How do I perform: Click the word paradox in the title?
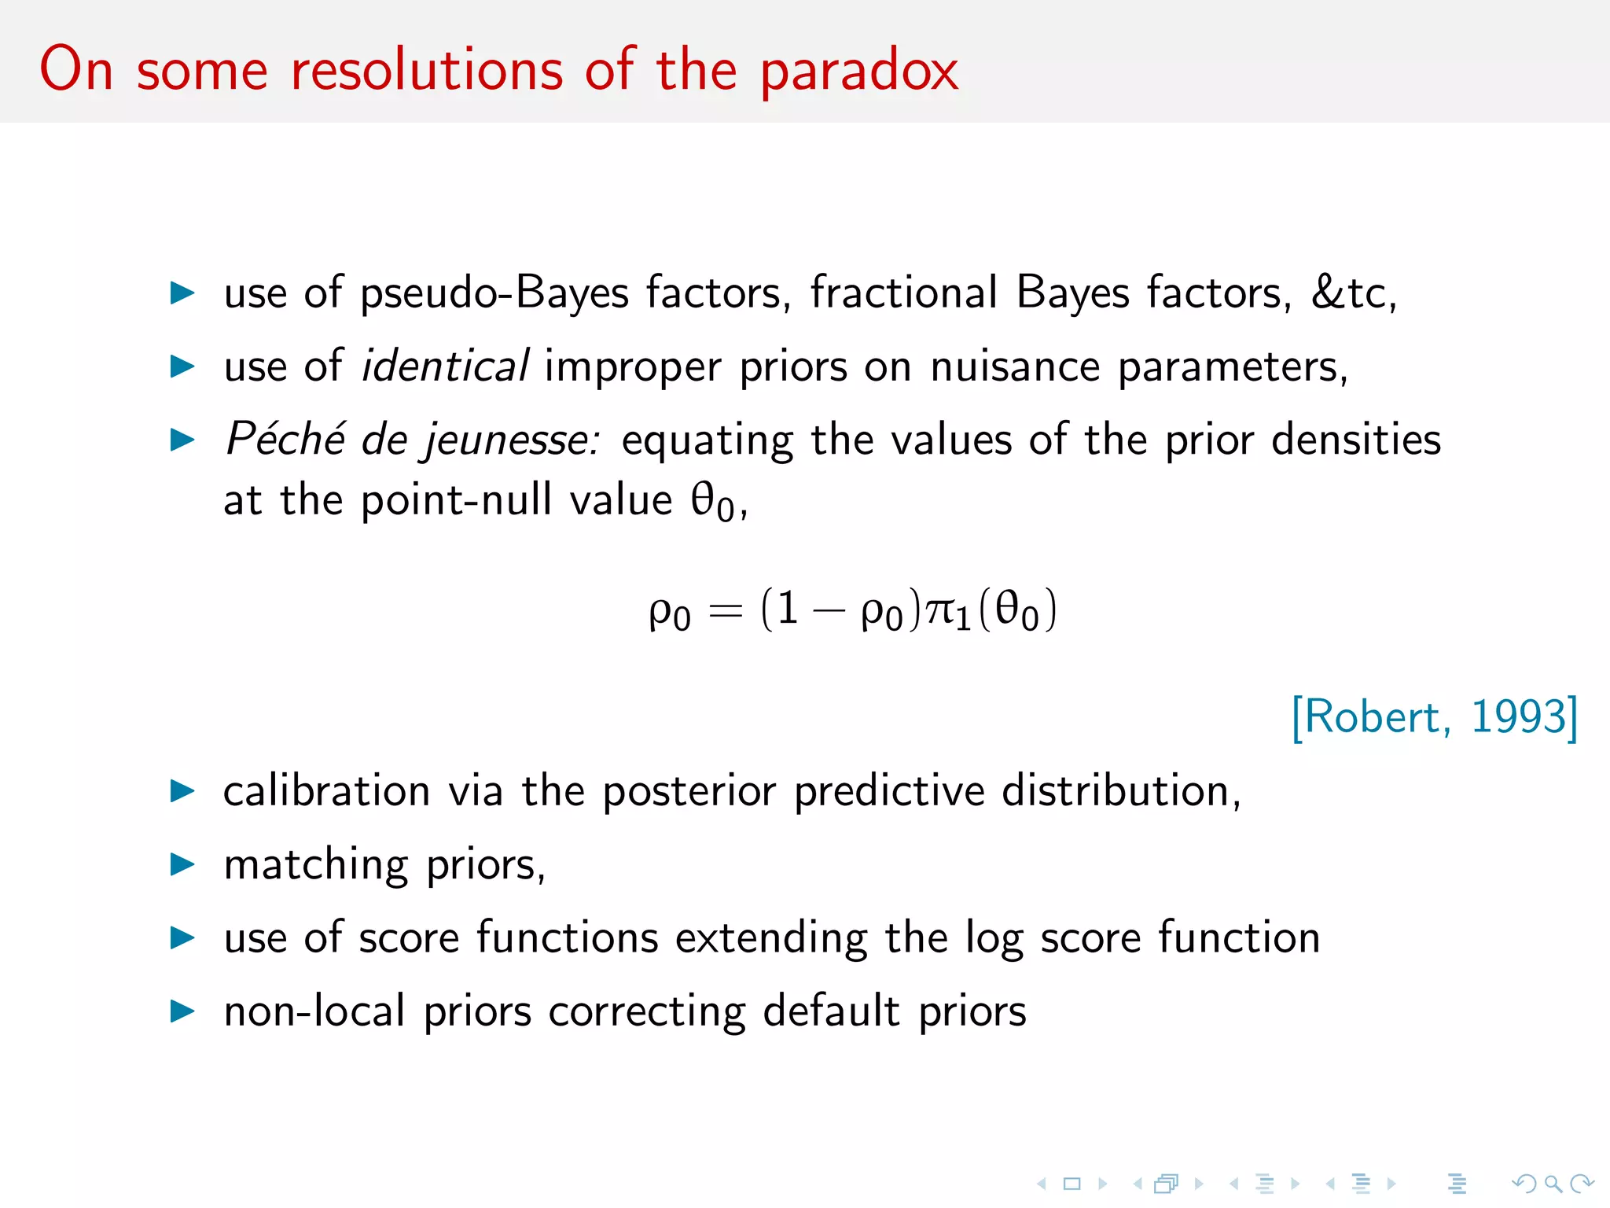pos(858,71)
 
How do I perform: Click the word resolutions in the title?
pos(427,71)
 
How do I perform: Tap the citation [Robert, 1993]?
pos(1434,716)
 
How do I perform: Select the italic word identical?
pos(444,366)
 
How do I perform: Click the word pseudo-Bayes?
pos(494,294)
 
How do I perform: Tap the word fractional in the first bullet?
pos(904,293)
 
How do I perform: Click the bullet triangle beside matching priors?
pos(182,864)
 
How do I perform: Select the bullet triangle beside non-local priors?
pos(182,1011)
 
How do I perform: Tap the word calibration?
pos(326,791)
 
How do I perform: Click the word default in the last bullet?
pos(831,1011)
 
